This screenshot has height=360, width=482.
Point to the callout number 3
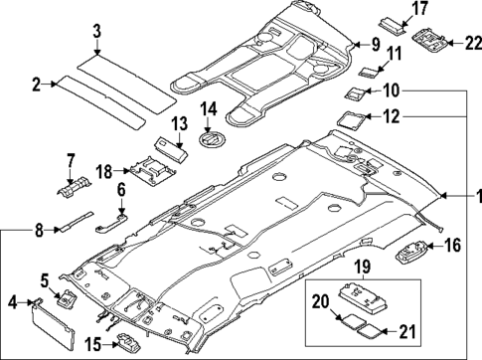coord(96,30)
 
